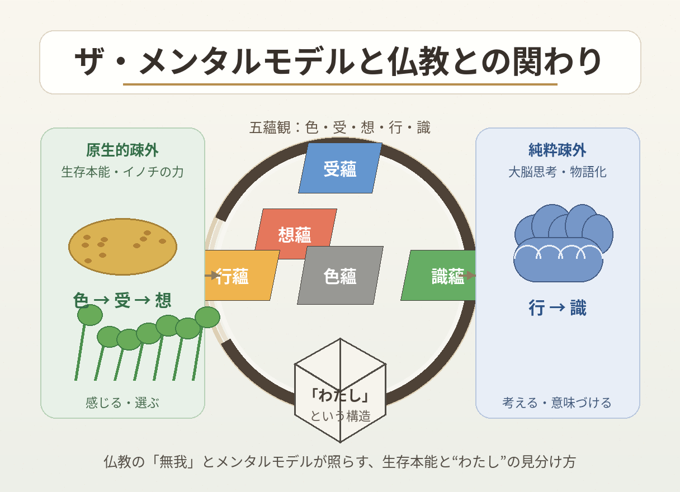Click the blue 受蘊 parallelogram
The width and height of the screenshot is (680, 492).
tap(340, 168)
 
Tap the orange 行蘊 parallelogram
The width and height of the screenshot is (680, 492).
tap(242, 275)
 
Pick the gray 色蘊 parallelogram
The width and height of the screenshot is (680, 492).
tap(340, 275)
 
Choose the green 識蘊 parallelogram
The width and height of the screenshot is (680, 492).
tap(438, 275)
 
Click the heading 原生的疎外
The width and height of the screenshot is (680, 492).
tap(122, 150)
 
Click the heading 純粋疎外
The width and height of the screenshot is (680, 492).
tap(558, 150)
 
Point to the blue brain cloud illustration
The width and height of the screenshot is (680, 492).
tap(564, 243)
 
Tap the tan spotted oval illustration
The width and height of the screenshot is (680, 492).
tap(122, 247)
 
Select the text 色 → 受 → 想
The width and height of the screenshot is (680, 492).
tap(122, 300)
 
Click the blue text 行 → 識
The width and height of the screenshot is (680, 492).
tap(558, 307)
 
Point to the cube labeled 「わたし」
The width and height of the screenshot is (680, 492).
tap(341, 390)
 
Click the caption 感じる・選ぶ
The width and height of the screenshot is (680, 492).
tap(122, 403)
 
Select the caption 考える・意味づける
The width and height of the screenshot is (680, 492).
tap(557, 403)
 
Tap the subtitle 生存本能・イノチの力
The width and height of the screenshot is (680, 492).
tap(122, 172)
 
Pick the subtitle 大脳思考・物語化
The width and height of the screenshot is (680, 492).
tap(558, 172)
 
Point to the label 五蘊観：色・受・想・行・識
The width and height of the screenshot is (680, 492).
tap(340, 127)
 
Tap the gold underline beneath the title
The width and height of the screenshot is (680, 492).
tap(340, 84)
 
